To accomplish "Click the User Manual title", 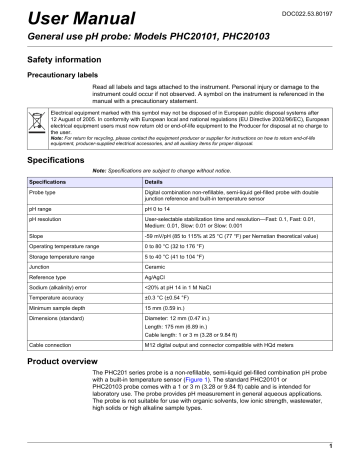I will [61, 19].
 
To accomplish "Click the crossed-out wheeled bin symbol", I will [27, 138].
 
